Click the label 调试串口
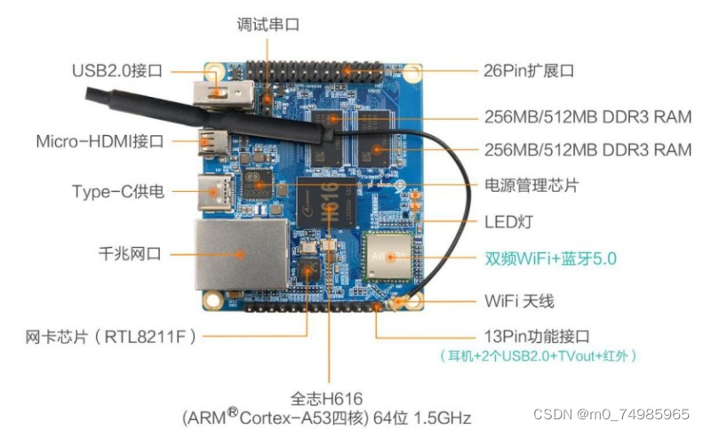coord(268,25)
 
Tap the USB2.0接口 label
coord(116,70)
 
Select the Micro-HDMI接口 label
coord(100,141)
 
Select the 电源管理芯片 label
coord(531,187)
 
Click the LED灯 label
coord(507,220)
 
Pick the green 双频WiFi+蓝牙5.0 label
coord(550,259)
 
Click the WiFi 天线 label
coord(519,301)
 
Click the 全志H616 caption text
coord(326,398)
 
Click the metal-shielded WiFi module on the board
coord(389,258)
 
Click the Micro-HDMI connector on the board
coord(213,140)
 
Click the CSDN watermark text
coord(611,414)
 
